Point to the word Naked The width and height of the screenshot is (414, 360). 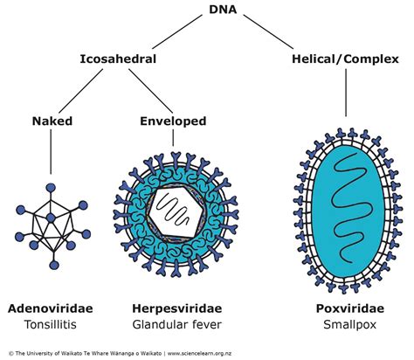click(51, 122)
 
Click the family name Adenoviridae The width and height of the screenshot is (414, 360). click(52, 310)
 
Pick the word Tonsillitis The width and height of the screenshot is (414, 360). click(52, 326)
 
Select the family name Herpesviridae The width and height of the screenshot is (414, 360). click(176, 310)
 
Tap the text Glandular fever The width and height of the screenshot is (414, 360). click(176, 326)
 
